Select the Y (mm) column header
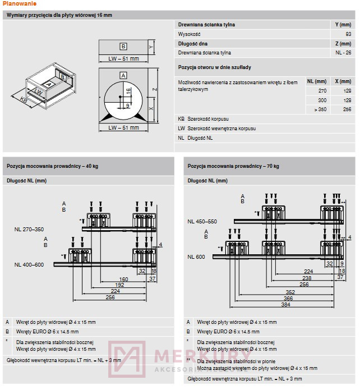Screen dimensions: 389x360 pos(342,25)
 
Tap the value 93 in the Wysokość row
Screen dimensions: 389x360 pos(348,34)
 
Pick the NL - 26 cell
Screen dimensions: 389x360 pos(344,53)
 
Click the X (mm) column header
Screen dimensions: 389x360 pos(342,81)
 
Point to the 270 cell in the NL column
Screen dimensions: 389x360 pos(322,90)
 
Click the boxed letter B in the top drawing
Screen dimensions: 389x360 pos(123,47)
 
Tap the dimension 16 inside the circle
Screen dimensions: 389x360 pos(128,91)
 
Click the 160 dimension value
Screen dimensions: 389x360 pos(123,278)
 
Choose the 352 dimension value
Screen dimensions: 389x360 pos(289,291)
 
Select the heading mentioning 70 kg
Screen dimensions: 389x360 pos(234,166)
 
